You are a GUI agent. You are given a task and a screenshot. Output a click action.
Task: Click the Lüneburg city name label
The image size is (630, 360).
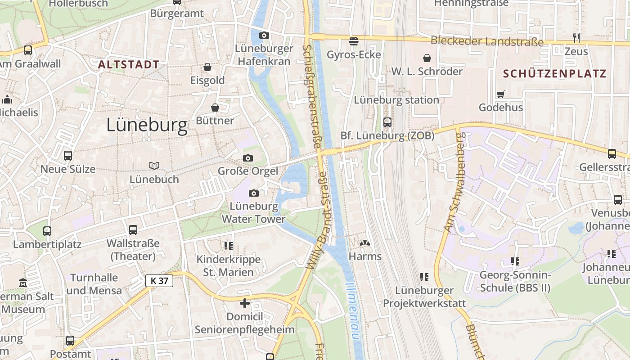(x=147, y=126)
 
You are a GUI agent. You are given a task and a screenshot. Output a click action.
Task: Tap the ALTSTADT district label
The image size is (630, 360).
(x=129, y=65)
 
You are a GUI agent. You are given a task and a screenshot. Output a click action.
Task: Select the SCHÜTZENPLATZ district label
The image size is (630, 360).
(x=554, y=74)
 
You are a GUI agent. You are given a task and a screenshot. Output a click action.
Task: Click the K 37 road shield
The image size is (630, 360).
(x=159, y=281)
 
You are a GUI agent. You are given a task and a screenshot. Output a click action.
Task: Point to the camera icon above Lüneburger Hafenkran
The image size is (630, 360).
(x=264, y=35)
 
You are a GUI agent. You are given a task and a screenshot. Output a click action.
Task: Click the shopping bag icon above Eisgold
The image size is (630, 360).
(x=207, y=67)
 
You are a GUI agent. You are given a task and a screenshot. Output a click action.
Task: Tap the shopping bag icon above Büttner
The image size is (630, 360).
(x=215, y=108)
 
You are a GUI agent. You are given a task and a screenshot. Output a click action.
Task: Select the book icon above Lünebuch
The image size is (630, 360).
(x=154, y=166)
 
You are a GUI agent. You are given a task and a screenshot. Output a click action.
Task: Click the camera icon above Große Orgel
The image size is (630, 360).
(x=247, y=158)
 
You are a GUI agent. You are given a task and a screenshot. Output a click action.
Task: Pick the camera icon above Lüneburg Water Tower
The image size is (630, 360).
(x=254, y=193)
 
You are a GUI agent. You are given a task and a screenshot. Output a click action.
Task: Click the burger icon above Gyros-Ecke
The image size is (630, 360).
(x=354, y=41)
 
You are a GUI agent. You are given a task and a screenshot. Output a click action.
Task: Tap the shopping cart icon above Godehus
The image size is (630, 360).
(x=500, y=94)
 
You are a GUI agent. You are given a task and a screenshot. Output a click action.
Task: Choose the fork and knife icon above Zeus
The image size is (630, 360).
(x=576, y=38)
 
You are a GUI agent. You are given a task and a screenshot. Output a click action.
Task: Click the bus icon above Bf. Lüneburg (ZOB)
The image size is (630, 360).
(x=387, y=122)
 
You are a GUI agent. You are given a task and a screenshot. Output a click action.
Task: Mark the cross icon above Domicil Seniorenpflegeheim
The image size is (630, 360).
(x=245, y=303)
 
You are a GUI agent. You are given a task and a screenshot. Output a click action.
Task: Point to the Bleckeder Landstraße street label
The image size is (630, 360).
(x=487, y=41)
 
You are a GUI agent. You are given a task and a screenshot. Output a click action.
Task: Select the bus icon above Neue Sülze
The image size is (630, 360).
(x=68, y=156)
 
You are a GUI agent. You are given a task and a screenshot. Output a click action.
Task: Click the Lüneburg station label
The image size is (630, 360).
(x=396, y=100)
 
